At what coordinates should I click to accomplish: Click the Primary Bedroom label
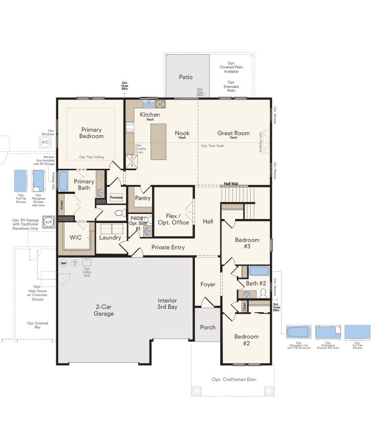(92, 133)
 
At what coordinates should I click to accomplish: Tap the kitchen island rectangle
(158, 141)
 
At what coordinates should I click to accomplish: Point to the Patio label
(186, 77)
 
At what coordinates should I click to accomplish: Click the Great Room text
(234, 133)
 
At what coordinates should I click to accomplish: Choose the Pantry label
(143, 198)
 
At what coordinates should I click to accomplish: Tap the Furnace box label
(116, 198)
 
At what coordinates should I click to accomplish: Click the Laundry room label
(110, 238)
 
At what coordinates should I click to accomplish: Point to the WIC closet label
(76, 238)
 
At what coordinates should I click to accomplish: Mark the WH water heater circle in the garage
(63, 263)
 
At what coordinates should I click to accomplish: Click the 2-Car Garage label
(104, 310)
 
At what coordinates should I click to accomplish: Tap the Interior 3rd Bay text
(167, 303)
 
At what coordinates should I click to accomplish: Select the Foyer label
(208, 284)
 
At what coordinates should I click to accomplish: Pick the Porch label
(208, 327)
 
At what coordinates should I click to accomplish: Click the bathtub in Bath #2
(259, 271)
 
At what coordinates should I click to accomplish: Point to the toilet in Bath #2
(263, 293)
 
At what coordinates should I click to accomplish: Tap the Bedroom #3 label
(247, 243)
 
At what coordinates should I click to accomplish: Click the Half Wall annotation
(231, 184)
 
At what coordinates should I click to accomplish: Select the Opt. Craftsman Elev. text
(234, 379)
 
